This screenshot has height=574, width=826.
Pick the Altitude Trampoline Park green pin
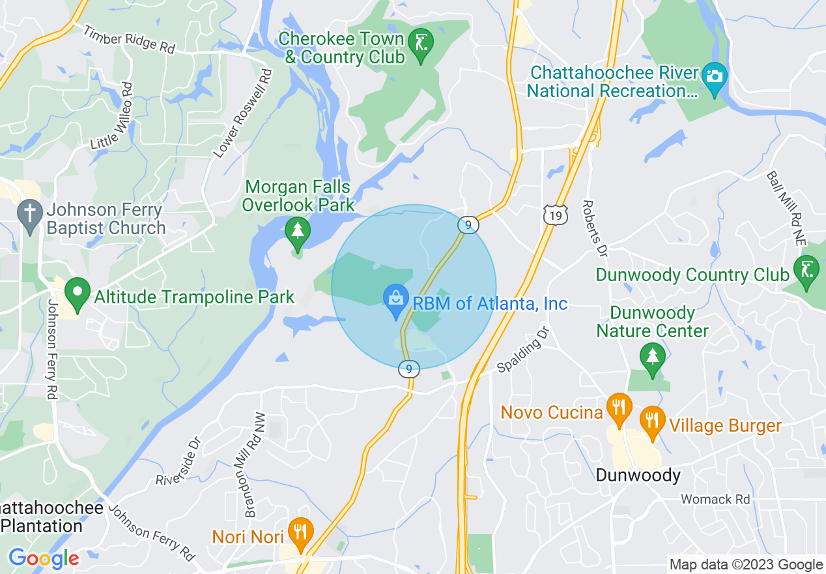(x=78, y=295)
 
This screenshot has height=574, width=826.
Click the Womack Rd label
(x=715, y=500)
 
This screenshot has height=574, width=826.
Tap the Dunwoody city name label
(x=638, y=476)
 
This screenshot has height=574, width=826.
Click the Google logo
(x=44, y=558)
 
